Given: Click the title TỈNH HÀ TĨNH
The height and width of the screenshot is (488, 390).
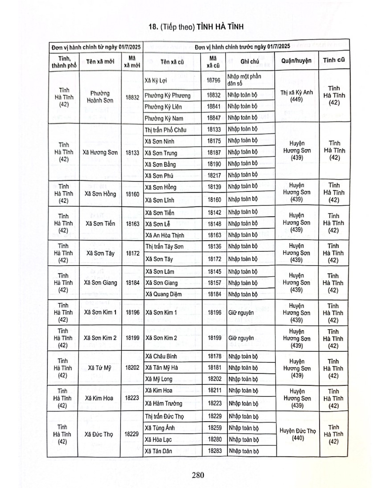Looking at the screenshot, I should [x=217, y=28].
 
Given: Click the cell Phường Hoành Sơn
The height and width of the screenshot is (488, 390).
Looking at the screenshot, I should [x=101, y=97].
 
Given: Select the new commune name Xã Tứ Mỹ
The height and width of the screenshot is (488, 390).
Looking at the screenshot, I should [x=101, y=368].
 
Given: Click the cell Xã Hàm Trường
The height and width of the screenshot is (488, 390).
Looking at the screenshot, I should [x=164, y=404].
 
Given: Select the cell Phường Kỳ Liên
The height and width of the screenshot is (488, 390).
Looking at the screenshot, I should [x=164, y=107].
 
